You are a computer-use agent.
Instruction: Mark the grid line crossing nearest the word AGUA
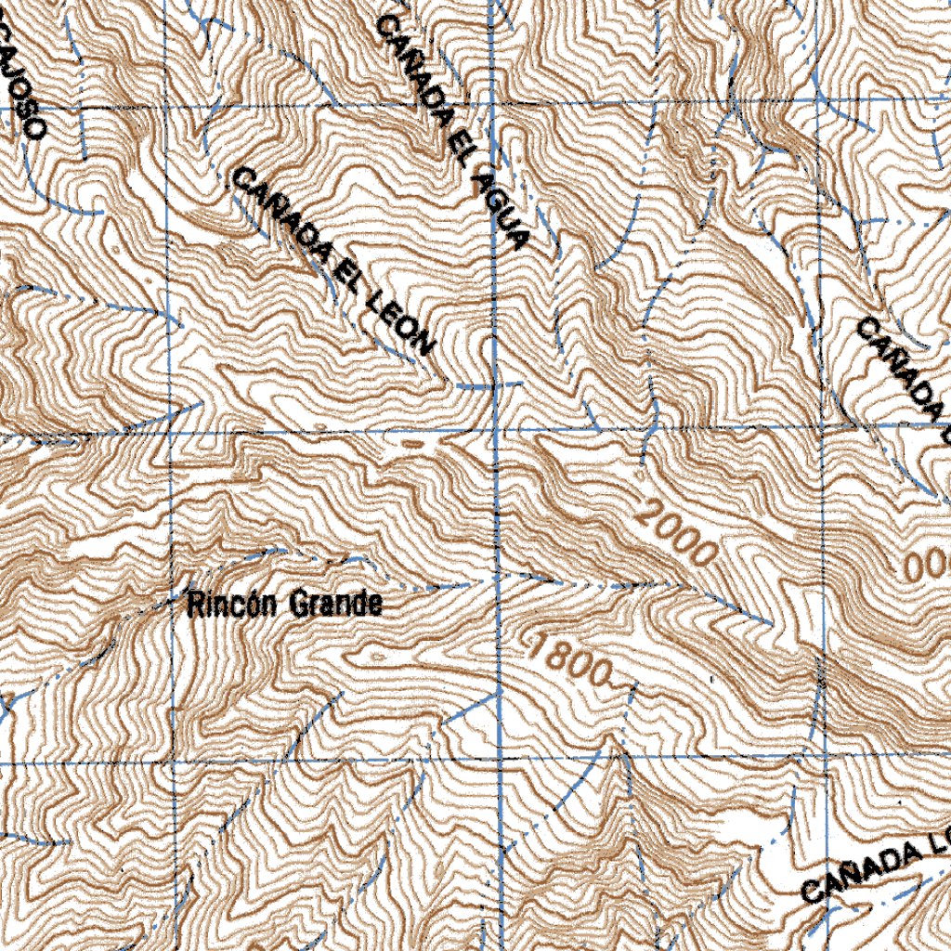(492, 99)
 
